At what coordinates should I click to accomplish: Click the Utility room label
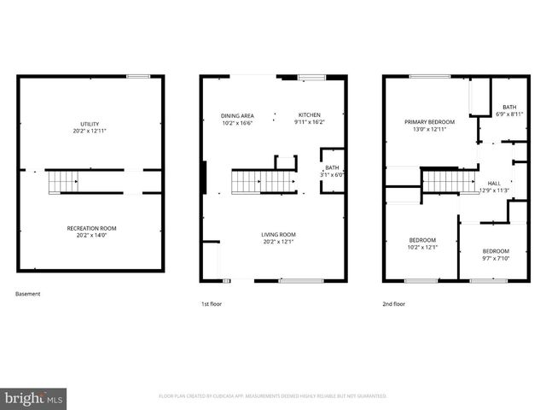tap(91, 125)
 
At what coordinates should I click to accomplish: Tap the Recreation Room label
tap(91, 228)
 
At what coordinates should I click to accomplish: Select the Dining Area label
tap(236, 115)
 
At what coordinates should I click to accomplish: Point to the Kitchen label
tap(309, 115)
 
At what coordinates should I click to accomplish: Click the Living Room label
tap(278, 234)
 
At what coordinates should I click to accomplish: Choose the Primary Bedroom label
tap(429, 122)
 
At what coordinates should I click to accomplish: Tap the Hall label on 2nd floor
tap(494, 183)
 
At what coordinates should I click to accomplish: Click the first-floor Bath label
tap(333, 168)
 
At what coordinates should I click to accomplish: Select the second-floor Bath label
tap(508, 108)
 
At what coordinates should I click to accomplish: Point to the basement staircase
tap(63, 182)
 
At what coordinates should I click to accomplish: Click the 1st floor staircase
tap(247, 182)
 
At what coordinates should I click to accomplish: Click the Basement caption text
tap(28, 294)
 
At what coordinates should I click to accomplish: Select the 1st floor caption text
tap(212, 303)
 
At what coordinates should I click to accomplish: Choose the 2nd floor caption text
tap(394, 303)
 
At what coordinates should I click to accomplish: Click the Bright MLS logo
tap(34, 398)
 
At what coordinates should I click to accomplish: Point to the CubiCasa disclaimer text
tap(273, 396)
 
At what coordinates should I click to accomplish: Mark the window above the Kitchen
tap(312, 79)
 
